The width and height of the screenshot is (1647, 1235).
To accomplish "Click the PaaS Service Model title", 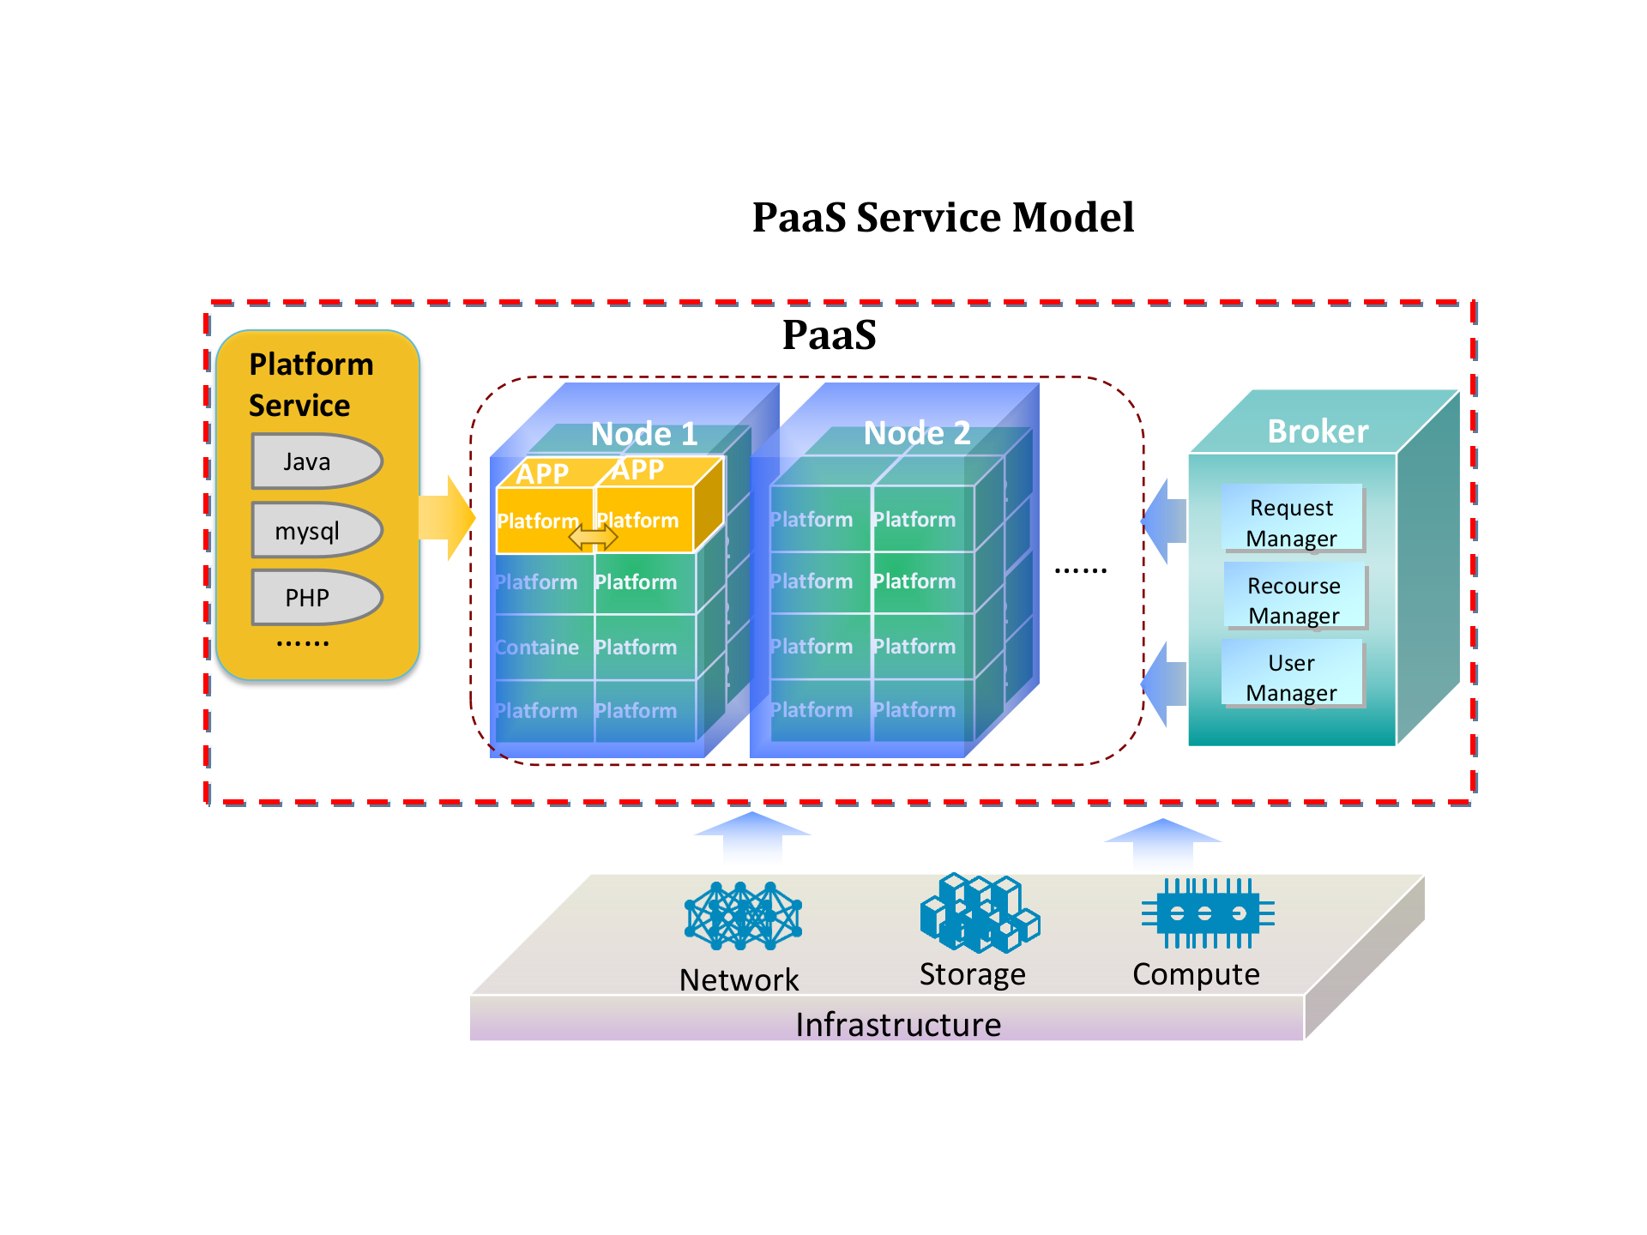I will click(943, 217).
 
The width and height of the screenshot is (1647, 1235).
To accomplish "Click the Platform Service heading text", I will click(311, 385).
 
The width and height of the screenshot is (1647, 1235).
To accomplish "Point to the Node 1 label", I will click(644, 434).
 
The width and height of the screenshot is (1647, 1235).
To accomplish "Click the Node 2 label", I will click(917, 433).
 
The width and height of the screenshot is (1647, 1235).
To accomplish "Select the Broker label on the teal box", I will click(1318, 431).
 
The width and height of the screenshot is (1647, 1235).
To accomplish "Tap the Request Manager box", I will click(1292, 522).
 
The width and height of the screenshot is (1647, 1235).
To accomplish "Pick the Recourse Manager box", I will click(1294, 600).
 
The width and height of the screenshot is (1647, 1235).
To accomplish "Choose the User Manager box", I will click(1292, 678).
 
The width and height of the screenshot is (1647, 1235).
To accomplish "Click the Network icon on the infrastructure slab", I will click(743, 916).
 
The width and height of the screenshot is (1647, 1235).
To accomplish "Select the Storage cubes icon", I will click(979, 913).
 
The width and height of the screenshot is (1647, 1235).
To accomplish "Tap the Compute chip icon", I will click(1207, 913).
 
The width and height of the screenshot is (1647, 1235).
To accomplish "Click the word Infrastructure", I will click(897, 1025).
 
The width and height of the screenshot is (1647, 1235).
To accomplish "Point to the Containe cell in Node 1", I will click(538, 648).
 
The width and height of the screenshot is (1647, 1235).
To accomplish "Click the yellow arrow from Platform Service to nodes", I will click(447, 518).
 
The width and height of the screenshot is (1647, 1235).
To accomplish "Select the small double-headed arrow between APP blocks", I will click(593, 538).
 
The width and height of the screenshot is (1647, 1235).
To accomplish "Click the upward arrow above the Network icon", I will click(752, 836).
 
